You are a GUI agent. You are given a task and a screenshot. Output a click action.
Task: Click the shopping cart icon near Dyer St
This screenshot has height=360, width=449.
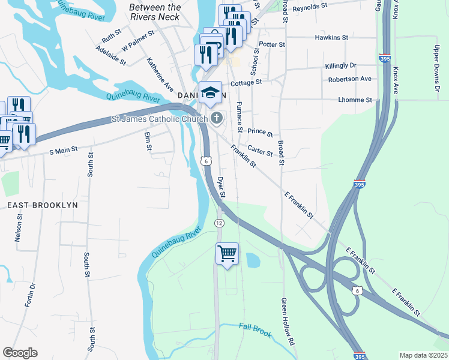click(x=227, y=254)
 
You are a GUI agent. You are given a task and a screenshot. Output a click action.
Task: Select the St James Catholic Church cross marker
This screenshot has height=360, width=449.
click(x=216, y=118)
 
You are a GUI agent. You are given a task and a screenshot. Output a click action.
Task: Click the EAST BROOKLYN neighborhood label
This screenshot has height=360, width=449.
click(x=43, y=205)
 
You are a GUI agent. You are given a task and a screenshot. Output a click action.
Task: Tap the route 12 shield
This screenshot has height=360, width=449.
click(x=219, y=223)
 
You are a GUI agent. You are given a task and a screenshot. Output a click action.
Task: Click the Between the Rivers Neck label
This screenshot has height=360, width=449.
click(x=155, y=12)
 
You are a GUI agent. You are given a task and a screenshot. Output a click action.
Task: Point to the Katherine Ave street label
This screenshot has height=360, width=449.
click(x=160, y=71)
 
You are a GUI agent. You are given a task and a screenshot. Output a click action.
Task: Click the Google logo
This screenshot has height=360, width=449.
click(x=20, y=353)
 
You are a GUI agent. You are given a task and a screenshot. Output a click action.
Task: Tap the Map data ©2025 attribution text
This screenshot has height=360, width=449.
click(x=423, y=355)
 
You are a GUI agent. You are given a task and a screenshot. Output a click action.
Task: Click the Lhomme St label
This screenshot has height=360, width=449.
click(x=355, y=100)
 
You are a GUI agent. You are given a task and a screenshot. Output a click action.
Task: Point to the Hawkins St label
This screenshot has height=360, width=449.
click(x=331, y=37)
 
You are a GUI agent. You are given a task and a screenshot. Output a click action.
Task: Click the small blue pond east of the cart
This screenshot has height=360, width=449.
click(x=253, y=260)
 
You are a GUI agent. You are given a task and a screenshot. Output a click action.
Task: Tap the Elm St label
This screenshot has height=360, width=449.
click(x=148, y=142)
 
